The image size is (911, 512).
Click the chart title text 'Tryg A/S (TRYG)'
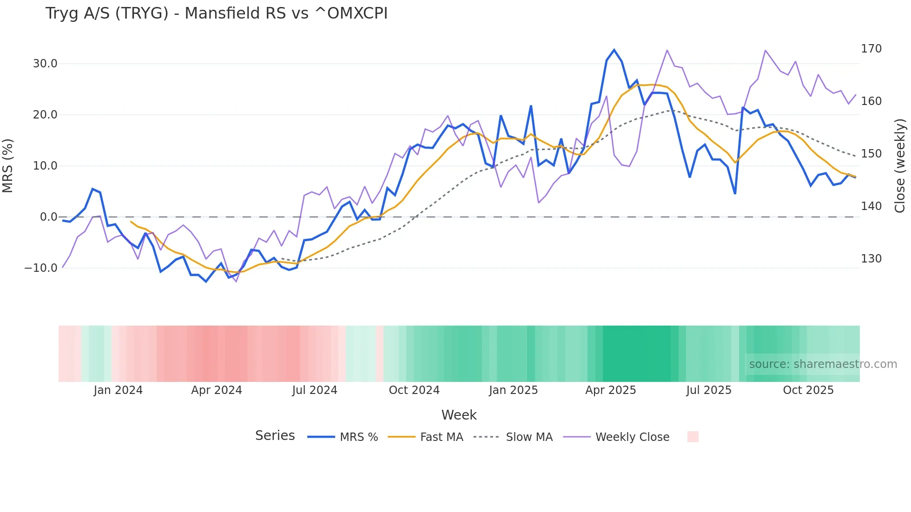[x=107, y=13]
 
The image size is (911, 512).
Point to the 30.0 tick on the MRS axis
[x=45, y=64]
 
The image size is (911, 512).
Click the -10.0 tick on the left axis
[x=41, y=268]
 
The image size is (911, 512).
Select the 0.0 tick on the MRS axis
[x=48, y=217]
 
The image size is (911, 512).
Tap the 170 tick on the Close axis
[x=871, y=49]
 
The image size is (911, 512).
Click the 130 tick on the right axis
[x=871, y=259]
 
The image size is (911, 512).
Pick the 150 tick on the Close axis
[x=871, y=154]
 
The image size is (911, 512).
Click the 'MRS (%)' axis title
[x=8, y=166]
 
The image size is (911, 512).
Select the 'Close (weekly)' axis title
[x=900, y=166]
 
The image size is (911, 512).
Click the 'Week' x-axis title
[x=459, y=415]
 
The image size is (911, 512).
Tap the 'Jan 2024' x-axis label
[x=118, y=390]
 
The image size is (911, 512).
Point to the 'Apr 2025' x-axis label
[x=610, y=390]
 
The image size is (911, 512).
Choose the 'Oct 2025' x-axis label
[x=808, y=390]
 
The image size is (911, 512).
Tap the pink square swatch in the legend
[x=693, y=437]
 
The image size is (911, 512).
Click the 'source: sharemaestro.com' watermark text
[x=823, y=364]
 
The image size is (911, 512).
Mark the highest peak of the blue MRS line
[x=614, y=50]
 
